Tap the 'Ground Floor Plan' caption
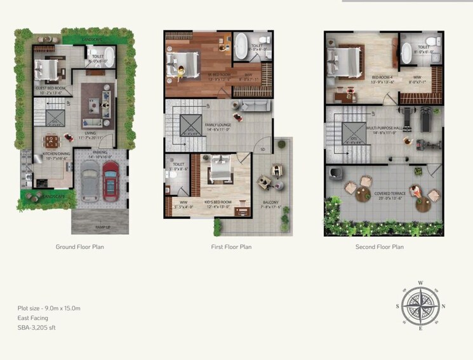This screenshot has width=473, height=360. (79, 247)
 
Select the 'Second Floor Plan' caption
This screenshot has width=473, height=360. (381, 247)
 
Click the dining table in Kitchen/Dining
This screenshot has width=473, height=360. (51, 140)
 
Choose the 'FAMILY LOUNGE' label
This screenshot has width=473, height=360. (218, 125)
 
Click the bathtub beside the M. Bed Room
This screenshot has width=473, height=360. (242, 46)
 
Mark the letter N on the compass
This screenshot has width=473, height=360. (443, 305)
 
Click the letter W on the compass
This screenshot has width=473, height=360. (420, 283)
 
